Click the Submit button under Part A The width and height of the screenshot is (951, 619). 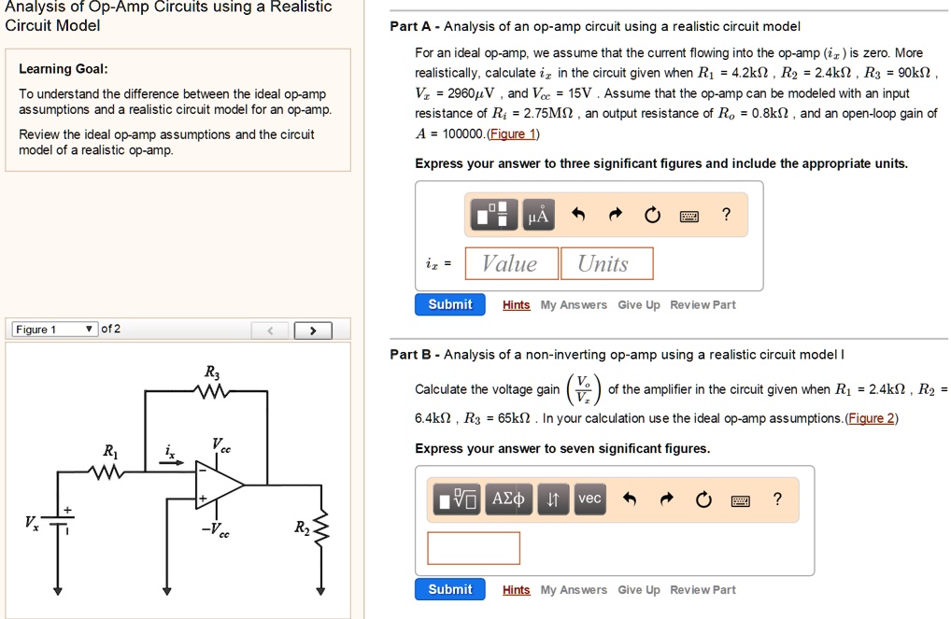tap(450, 304)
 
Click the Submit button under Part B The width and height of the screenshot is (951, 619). tap(450, 589)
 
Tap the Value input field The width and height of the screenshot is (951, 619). tap(510, 263)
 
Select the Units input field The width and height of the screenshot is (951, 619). tap(605, 263)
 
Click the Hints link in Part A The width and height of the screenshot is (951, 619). tap(516, 305)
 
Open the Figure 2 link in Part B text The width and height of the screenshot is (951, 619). tap(870, 418)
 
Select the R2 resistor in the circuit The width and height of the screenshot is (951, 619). tap(321, 528)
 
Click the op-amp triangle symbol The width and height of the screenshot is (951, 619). tap(217, 485)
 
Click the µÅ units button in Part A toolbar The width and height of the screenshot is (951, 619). tap(539, 216)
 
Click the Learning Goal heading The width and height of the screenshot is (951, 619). tap(63, 69)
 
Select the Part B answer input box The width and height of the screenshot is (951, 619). tap(473, 548)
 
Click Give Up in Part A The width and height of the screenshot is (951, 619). tap(638, 305)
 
